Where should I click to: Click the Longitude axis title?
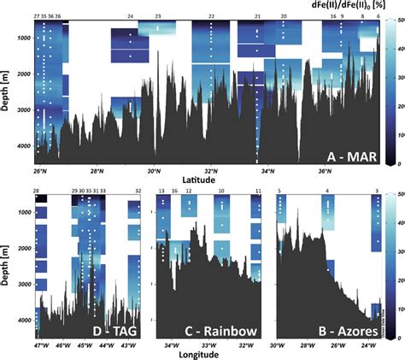(203, 354)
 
